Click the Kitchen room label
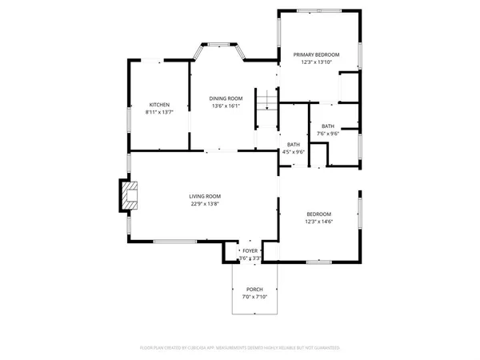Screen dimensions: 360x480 (160, 105)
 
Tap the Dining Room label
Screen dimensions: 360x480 (227, 98)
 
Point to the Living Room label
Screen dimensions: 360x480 (205, 196)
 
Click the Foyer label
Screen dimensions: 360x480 (251, 251)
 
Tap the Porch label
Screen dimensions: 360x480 (254, 289)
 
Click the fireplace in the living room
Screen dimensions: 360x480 (128, 196)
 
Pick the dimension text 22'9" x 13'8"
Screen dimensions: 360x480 (205, 204)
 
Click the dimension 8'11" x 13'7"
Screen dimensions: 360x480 (160, 112)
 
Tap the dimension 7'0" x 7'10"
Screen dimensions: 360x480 (254, 297)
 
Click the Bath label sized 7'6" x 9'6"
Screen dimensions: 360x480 (329, 126)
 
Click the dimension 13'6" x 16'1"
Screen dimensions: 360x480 (227, 106)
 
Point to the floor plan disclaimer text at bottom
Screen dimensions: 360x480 (240, 348)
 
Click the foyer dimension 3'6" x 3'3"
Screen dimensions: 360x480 (251, 258)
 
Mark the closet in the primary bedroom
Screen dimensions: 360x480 (350, 85)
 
